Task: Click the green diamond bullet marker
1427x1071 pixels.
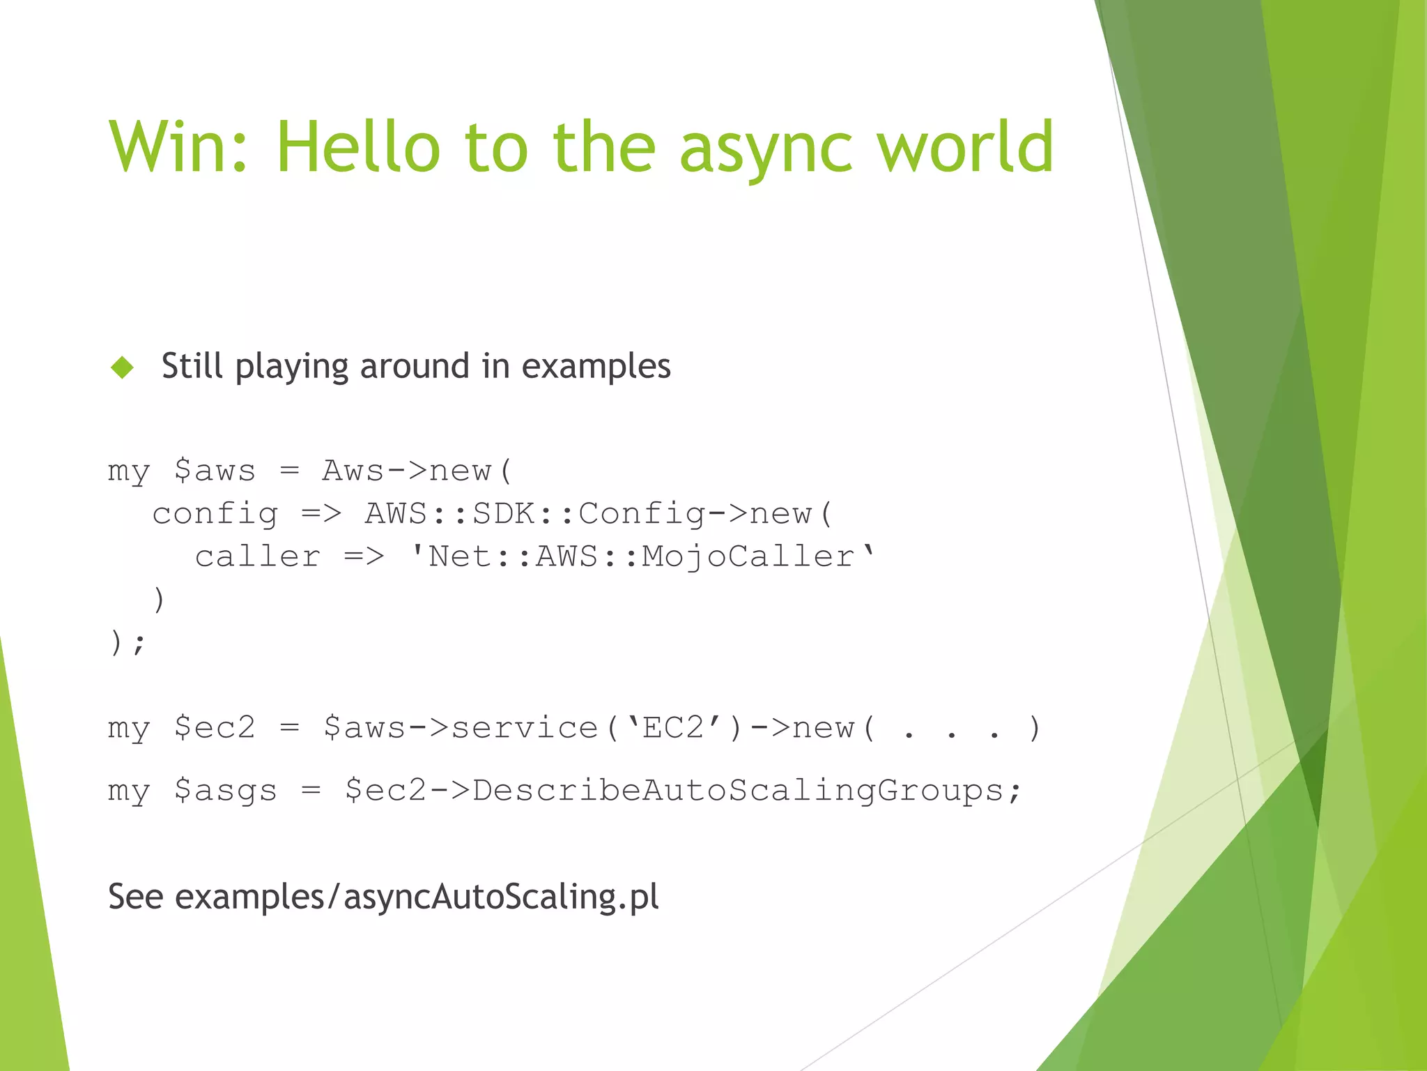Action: coord(123,367)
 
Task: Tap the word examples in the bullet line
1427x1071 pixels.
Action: coord(596,366)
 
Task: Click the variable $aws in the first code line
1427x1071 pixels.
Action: coord(215,471)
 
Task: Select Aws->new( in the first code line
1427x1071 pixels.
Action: coord(417,471)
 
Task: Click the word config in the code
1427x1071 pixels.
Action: coord(215,515)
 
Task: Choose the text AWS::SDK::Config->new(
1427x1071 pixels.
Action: coord(599,515)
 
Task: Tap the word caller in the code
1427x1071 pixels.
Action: coord(257,557)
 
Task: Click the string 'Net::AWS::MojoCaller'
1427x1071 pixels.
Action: coord(641,557)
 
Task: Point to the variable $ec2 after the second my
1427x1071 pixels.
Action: coord(215,729)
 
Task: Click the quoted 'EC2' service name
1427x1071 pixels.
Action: coord(673,729)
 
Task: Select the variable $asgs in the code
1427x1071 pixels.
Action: coord(225,791)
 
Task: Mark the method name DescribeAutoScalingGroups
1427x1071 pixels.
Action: coord(738,791)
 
